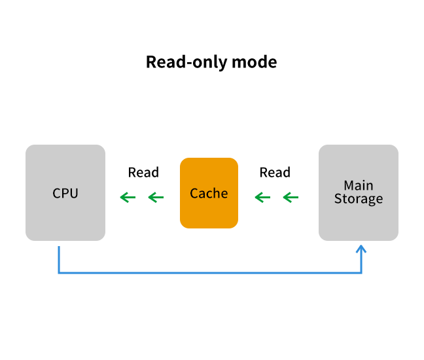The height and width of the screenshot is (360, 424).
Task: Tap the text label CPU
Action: [65, 193]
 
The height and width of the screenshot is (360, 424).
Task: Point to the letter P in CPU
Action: [65, 193]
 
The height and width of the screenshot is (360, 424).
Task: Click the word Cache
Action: [209, 193]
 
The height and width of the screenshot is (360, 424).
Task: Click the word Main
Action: [358, 185]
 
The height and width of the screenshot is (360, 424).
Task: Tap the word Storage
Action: [358, 199]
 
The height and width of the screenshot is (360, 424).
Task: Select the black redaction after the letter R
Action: [147, 172]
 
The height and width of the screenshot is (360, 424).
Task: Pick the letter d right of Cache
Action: [285, 173]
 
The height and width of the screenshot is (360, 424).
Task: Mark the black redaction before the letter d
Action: [270, 172]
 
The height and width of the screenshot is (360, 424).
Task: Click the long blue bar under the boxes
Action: [209, 261]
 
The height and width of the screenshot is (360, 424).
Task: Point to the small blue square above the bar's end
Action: [361, 249]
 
